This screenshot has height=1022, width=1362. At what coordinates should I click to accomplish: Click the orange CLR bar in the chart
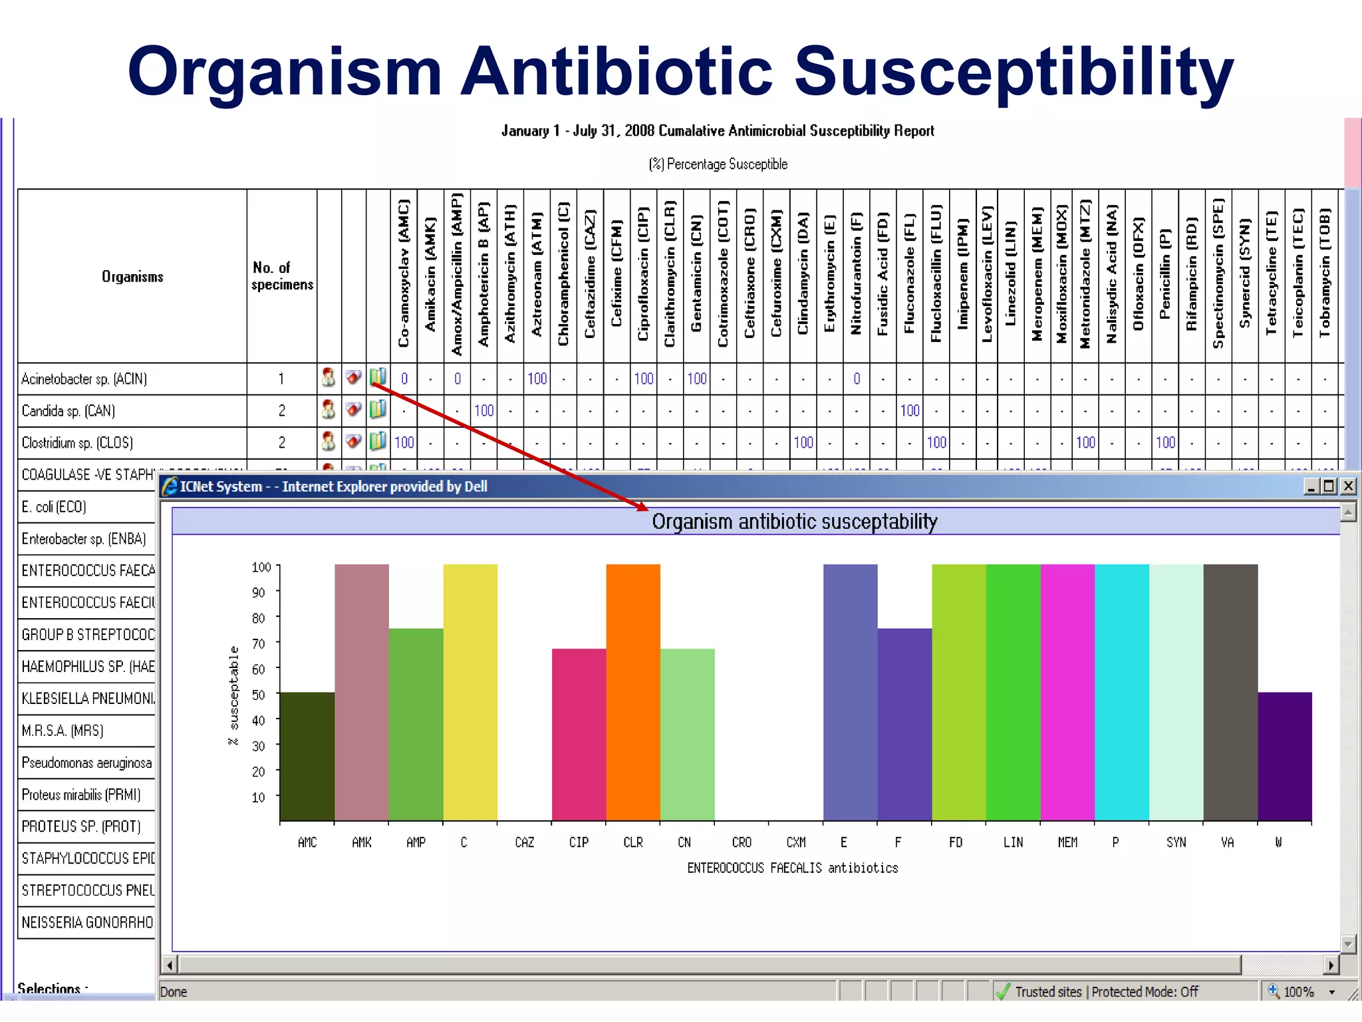point(632,692)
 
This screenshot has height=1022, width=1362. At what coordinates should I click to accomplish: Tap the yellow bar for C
point(470,692)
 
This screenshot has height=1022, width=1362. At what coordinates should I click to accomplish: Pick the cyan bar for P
point(1121,692)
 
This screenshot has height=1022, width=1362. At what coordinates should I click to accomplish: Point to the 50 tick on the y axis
point(259,695)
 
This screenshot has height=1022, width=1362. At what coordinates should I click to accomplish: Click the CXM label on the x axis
point(796,842)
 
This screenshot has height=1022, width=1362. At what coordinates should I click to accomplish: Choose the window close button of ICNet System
point(1348,486)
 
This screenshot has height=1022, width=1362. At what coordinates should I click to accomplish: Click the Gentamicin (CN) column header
point(696,274)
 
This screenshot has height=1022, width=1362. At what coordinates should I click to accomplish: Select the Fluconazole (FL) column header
point(909,274)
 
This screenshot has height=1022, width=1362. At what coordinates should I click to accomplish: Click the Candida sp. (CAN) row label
point(68,411)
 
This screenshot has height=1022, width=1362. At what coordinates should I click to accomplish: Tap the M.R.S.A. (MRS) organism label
point(63,731)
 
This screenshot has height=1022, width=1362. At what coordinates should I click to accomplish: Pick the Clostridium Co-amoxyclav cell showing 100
point(404,442)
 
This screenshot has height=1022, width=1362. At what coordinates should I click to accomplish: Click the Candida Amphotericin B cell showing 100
point(483,411)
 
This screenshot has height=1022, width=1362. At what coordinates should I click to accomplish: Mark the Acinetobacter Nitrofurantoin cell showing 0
point(857,379)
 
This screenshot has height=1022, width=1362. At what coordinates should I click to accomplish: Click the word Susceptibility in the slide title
point(1014,72)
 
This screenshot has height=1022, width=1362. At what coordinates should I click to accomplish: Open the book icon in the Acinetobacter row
point(378,377)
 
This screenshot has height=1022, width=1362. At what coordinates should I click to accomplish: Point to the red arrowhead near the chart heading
point(642,507)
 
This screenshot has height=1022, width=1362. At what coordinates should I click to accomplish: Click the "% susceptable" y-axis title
point(233,695)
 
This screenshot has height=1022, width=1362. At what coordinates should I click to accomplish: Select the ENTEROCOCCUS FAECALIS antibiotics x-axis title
point(792,868)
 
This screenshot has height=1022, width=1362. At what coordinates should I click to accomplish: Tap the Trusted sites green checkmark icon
point(1003,991)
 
